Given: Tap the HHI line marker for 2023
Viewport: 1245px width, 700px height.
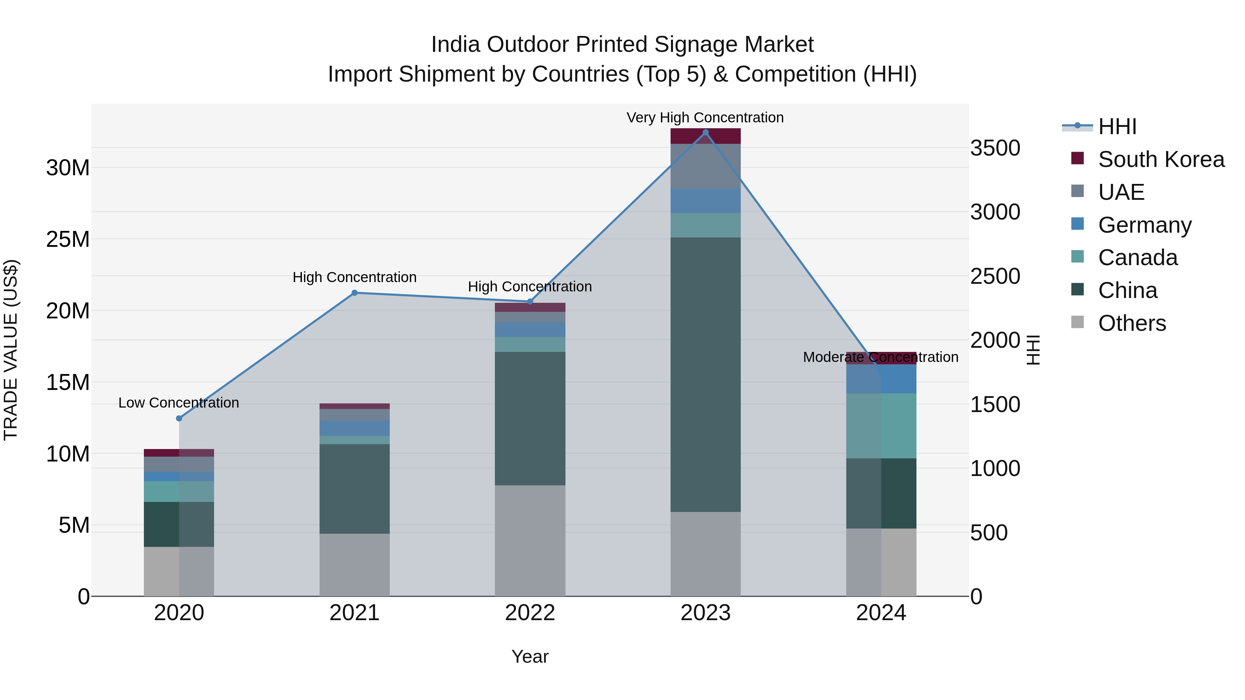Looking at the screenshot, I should [705, 132].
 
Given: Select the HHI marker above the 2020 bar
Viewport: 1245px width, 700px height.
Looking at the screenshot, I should [179, 418].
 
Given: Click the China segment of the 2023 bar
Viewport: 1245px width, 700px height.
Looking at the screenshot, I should [705, 374].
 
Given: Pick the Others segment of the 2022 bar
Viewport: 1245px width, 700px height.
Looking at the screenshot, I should [530, 541].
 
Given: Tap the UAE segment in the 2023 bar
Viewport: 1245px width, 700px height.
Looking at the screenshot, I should [705, 166].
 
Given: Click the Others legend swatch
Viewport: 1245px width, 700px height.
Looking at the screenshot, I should [1077, 322].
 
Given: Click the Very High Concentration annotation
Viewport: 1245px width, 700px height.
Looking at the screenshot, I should [705, 118].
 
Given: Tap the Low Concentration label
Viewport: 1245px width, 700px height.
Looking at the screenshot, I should [178, 403].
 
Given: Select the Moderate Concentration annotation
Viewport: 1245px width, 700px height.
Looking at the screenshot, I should [880, 357].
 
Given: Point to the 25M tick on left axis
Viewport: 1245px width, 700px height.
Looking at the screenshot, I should [68, 240].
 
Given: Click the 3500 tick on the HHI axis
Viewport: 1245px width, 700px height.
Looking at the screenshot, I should [995, 148].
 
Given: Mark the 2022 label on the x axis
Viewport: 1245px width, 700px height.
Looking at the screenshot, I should [530, 613].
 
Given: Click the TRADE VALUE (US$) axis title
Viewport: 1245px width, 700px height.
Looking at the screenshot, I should [11, 350].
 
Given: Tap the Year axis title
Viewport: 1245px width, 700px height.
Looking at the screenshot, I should [530, 656].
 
